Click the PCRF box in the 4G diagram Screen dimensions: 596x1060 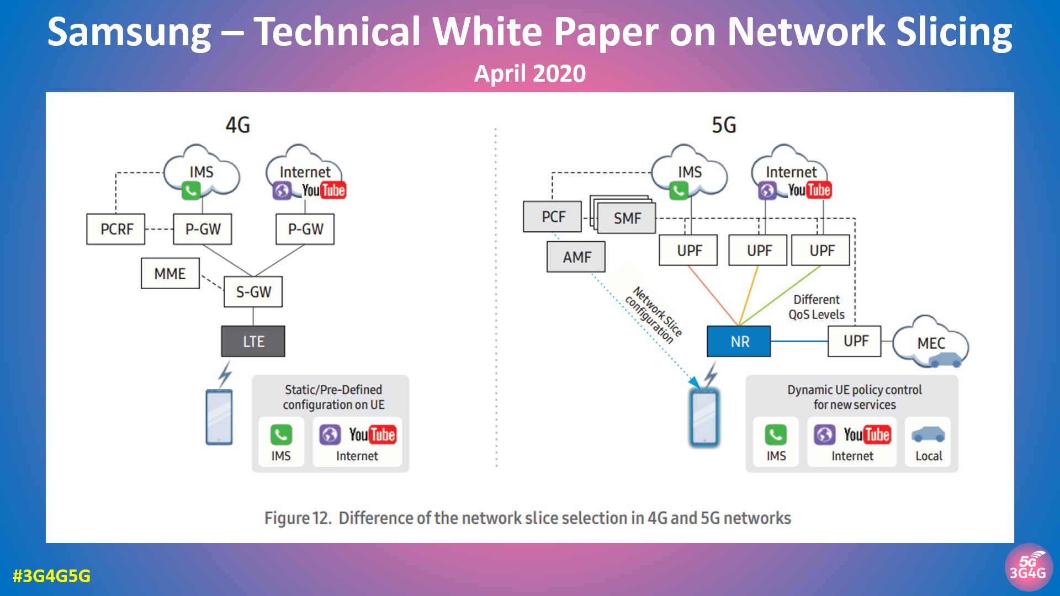tap(116, 229)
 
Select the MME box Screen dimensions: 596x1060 tap(170, 273)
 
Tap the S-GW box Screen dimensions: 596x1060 tap(253, 291)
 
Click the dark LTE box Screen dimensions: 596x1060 tap(253, 341)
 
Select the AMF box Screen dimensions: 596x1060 tap(576, 257)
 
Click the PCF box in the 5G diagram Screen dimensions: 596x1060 tap(553, 216)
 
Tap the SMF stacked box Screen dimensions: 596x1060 tap(627, 218)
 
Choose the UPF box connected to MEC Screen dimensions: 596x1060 tap(855, 341)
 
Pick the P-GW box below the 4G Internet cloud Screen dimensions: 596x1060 tap(305, 229)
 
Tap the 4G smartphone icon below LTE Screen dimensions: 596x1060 tap(219, 417)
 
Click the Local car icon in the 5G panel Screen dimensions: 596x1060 tap(928, 435)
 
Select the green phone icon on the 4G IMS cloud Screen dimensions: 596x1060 tap(190, 191)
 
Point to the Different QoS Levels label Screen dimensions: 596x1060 tap(816, 307)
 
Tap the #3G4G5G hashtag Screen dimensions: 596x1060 tap(51, 576)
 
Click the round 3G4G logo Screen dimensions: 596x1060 tap(1028, 568)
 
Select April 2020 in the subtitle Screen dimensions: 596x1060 tap(529, 73)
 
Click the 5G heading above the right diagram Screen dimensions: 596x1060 tap(723, 125)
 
